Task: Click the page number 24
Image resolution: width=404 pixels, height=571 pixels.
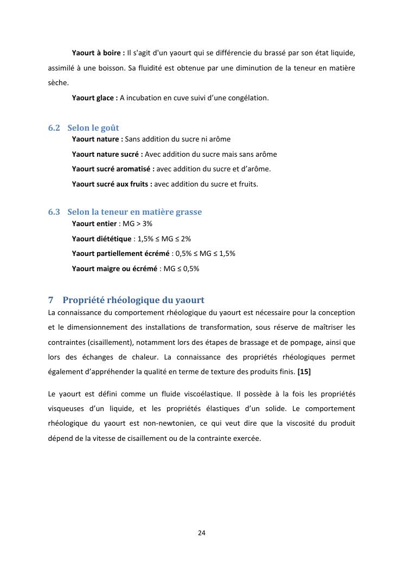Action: pos(202,532)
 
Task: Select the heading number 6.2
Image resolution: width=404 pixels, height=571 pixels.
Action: pos(54,128)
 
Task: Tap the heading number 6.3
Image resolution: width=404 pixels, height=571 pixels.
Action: pos(54,212)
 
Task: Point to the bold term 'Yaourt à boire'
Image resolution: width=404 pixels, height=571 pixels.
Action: pos(97,53)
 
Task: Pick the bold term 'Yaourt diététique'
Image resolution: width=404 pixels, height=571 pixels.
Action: pos(101,239)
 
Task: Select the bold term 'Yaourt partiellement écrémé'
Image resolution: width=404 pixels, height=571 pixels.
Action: pos(121,253)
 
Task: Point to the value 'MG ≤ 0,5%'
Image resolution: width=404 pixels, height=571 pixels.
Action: pos(181,268)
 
